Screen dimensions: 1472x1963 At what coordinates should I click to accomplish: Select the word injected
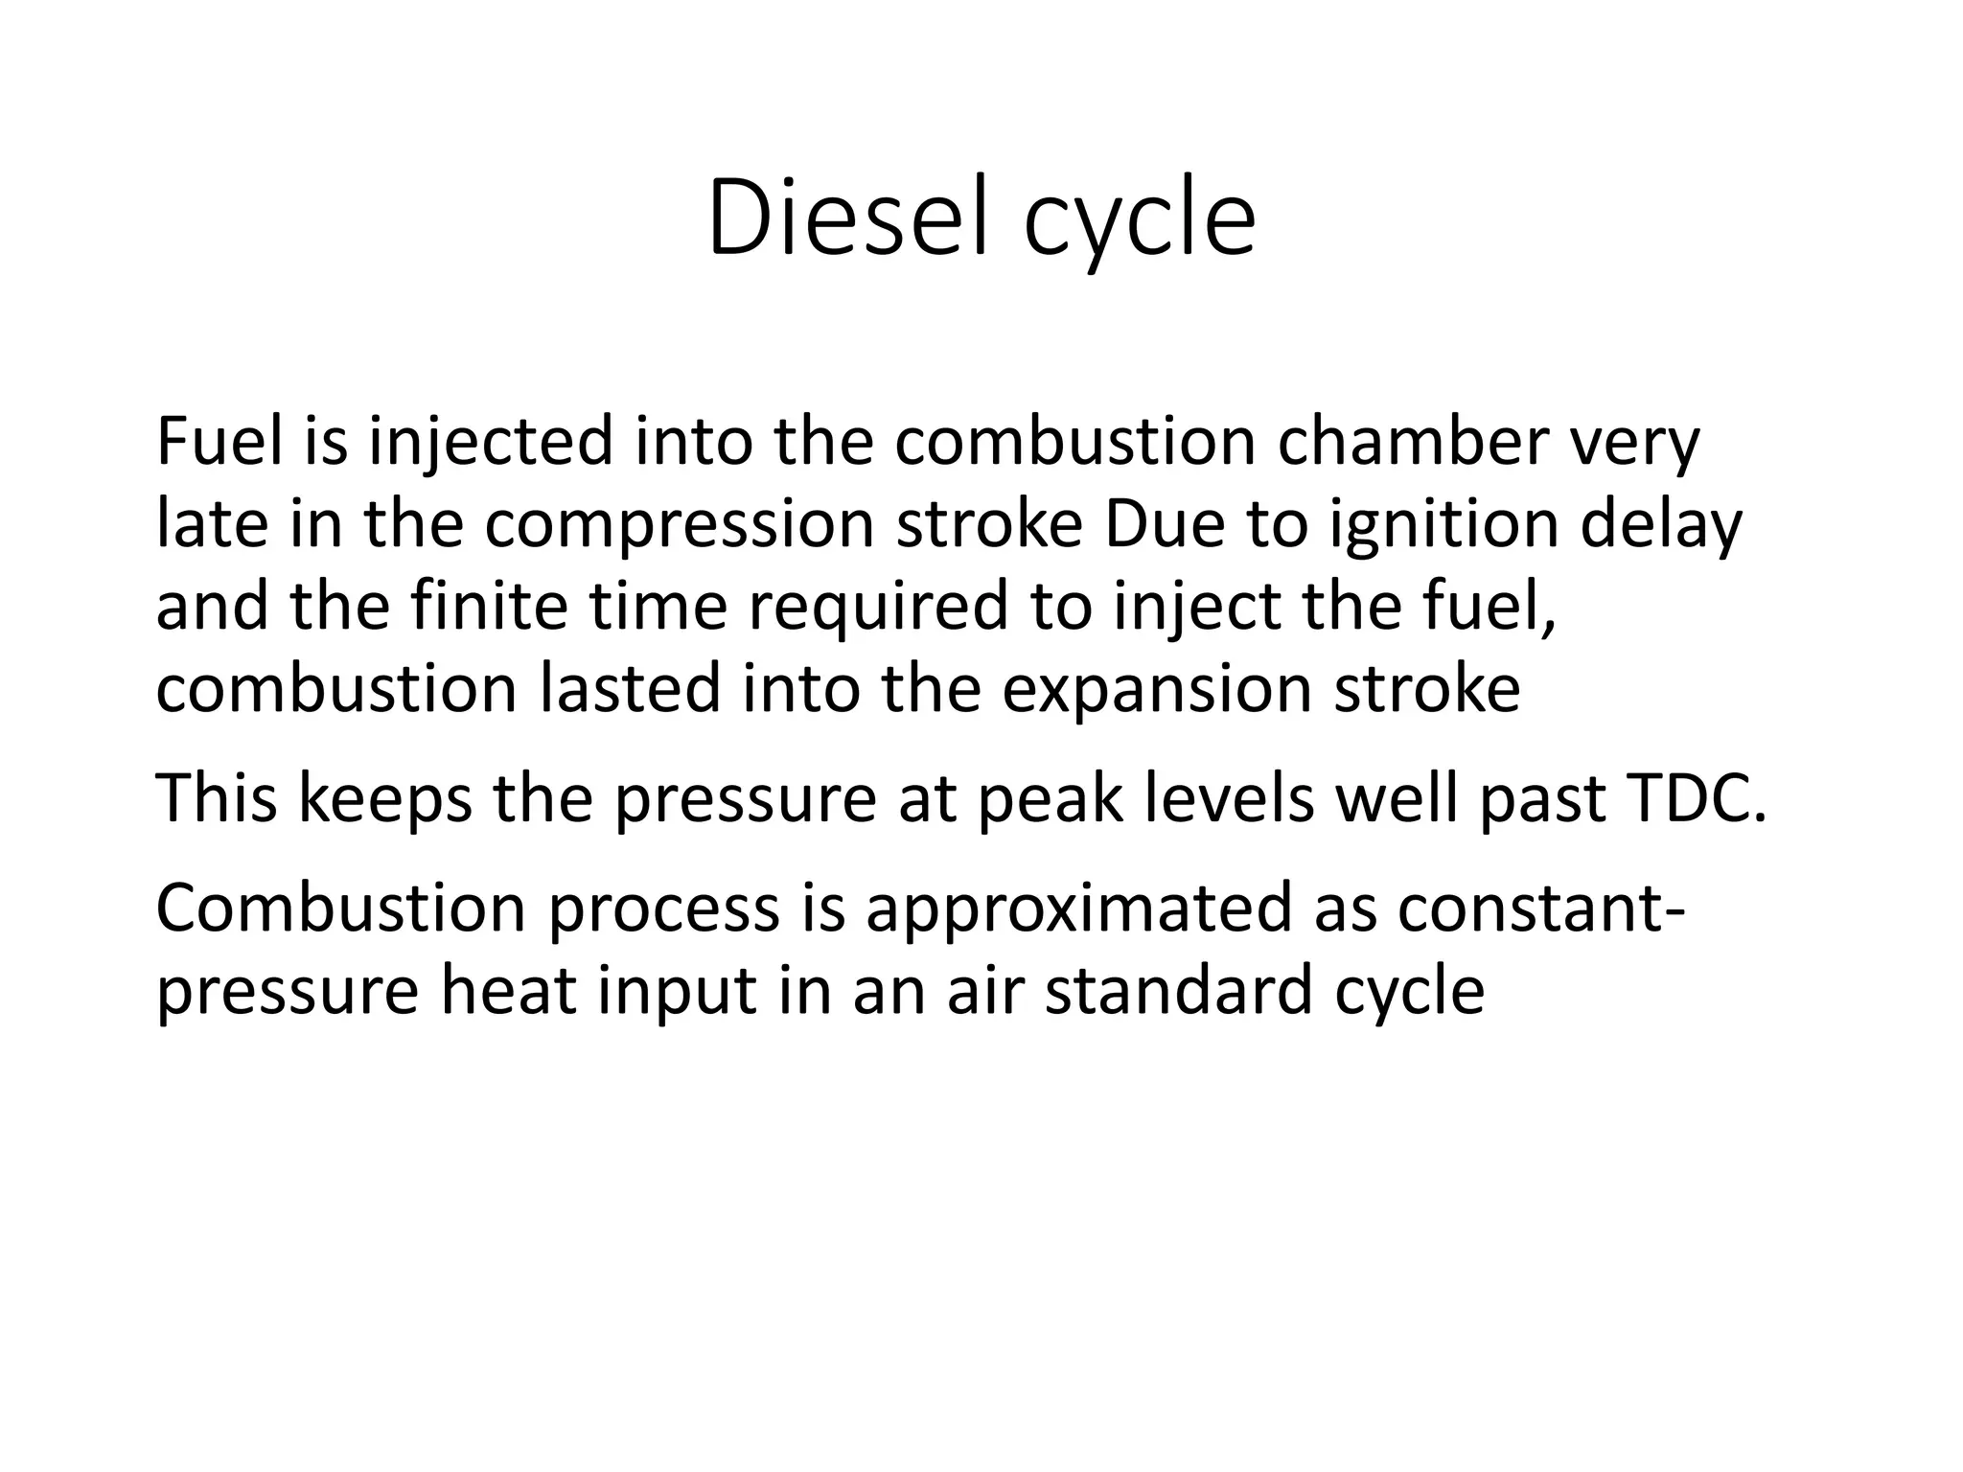[490, 444]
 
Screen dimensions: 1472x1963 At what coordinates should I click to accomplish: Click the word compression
[679, 526]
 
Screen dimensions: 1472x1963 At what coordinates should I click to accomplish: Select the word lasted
[629, 689]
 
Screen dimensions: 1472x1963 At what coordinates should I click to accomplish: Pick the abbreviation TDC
[1695, 798]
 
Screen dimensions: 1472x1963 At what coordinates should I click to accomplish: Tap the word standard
[1178, 990]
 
